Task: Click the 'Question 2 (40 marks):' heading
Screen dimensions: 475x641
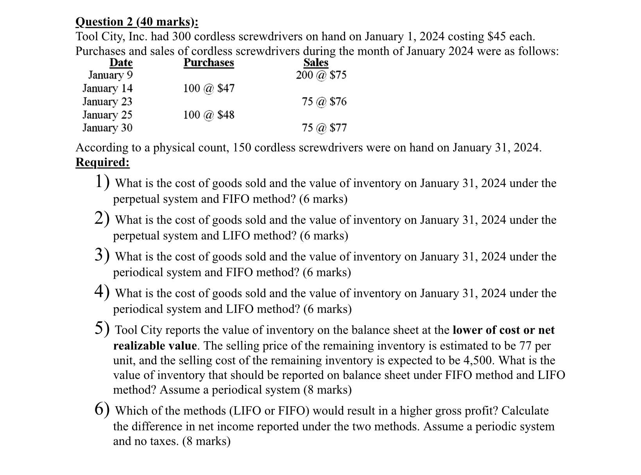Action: click(x=137, y=22)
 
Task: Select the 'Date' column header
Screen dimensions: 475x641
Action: click(x=121, y=63)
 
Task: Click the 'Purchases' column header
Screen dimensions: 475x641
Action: click(x=209, y=63)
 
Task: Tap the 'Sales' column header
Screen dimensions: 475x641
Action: click(x=316, y=63)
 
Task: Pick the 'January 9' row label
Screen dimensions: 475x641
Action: click(x=110, y=75)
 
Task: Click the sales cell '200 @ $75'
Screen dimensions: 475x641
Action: click(x=321, y=75)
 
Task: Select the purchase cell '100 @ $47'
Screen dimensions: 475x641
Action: click(x=209, y=88)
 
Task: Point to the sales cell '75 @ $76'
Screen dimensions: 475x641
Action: click(x=324, y=101)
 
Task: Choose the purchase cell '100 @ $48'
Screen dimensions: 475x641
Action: click(x=209, y=115)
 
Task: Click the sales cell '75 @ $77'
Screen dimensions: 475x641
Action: click(x=324, y=128)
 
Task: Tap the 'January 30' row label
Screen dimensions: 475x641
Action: click(x=107, y=128)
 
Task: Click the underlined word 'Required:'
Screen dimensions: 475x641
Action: click(x=102, y=162)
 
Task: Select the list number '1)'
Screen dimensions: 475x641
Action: click(x=102, y=182)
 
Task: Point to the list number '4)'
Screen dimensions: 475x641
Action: click(x=102, y=291)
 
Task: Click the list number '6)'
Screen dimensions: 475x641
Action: click(x=102, y=409)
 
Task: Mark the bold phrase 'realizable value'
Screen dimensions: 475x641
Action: click(x=155, y=345)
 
